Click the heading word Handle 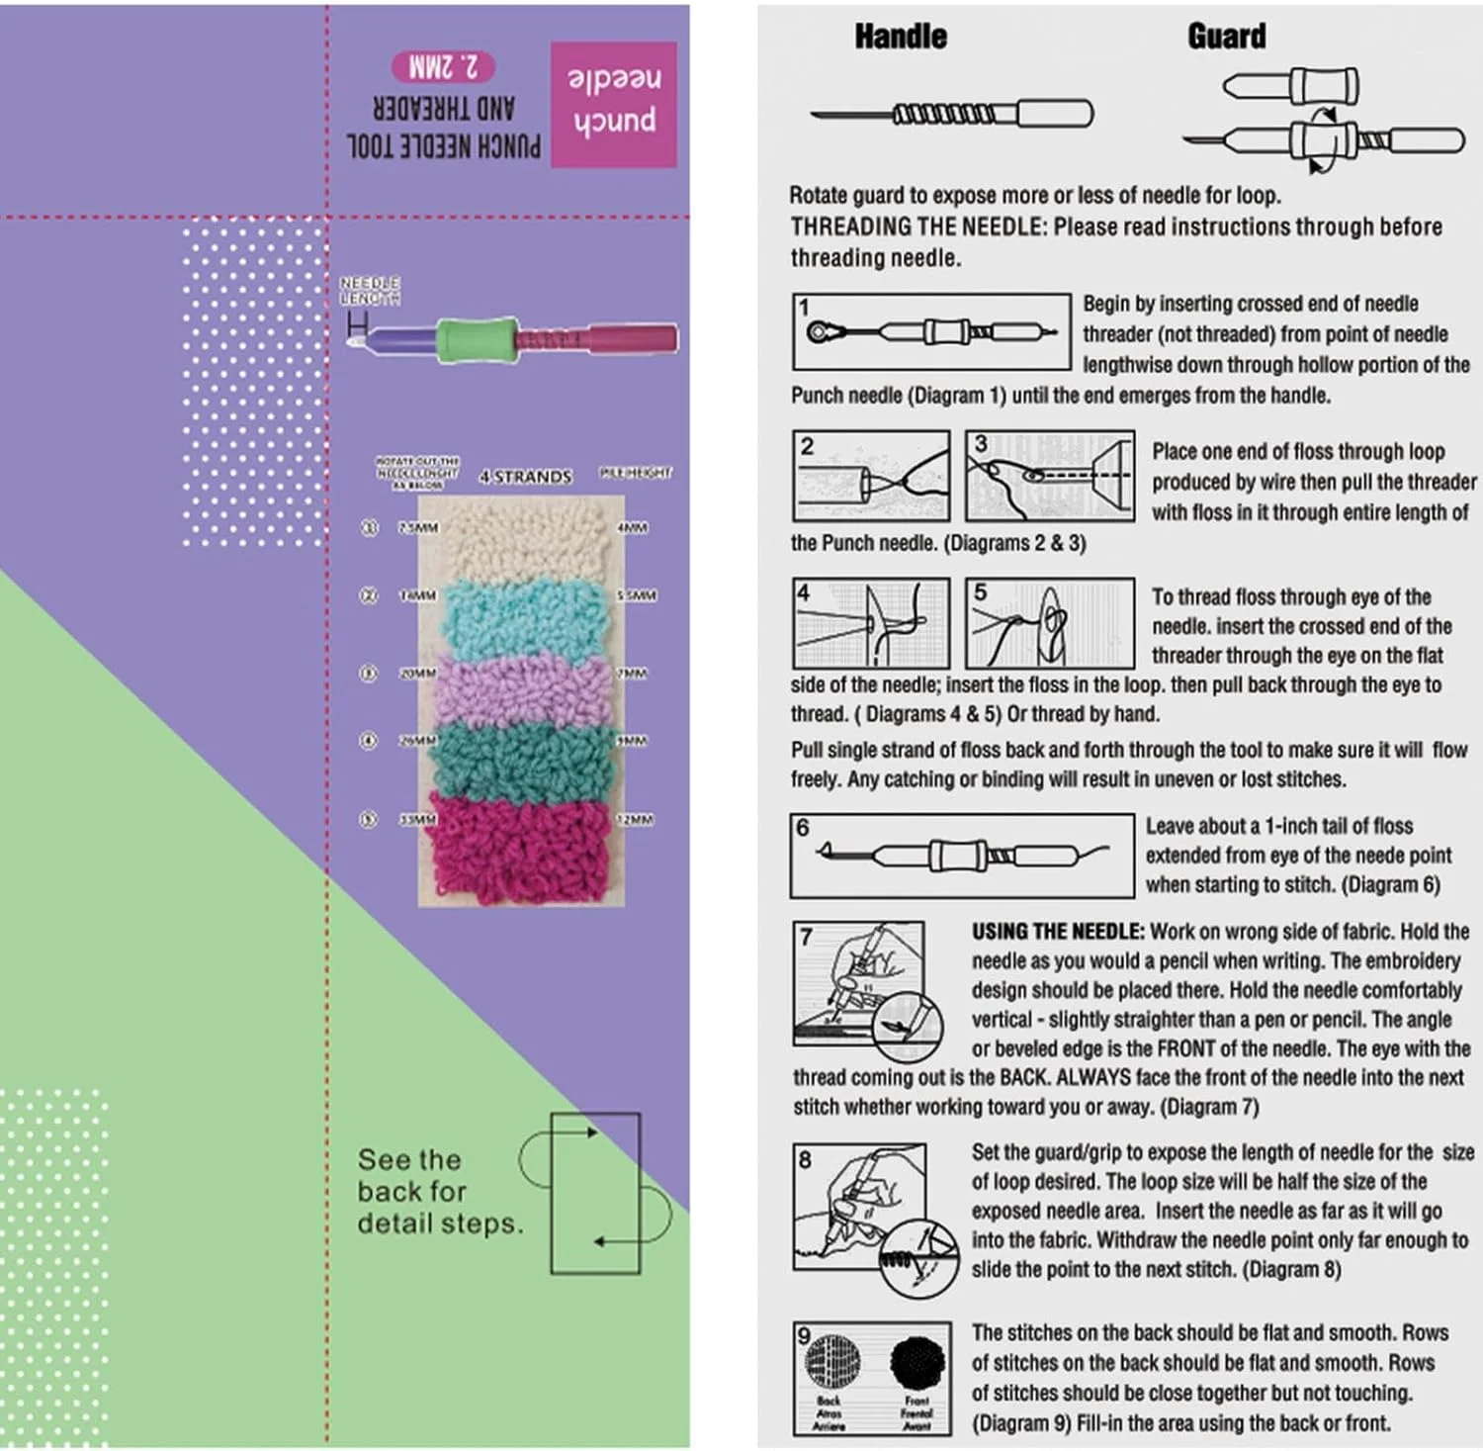click(900, 37)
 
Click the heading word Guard click(1226, 37)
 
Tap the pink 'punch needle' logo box click(613, 104)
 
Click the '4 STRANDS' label click(526, 477)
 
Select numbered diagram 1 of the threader click(931, 331)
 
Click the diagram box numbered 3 click(1049, 476)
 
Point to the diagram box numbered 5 click(1049, 623)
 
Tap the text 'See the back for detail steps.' click(438, 1191)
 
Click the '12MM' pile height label click(635, 820)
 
